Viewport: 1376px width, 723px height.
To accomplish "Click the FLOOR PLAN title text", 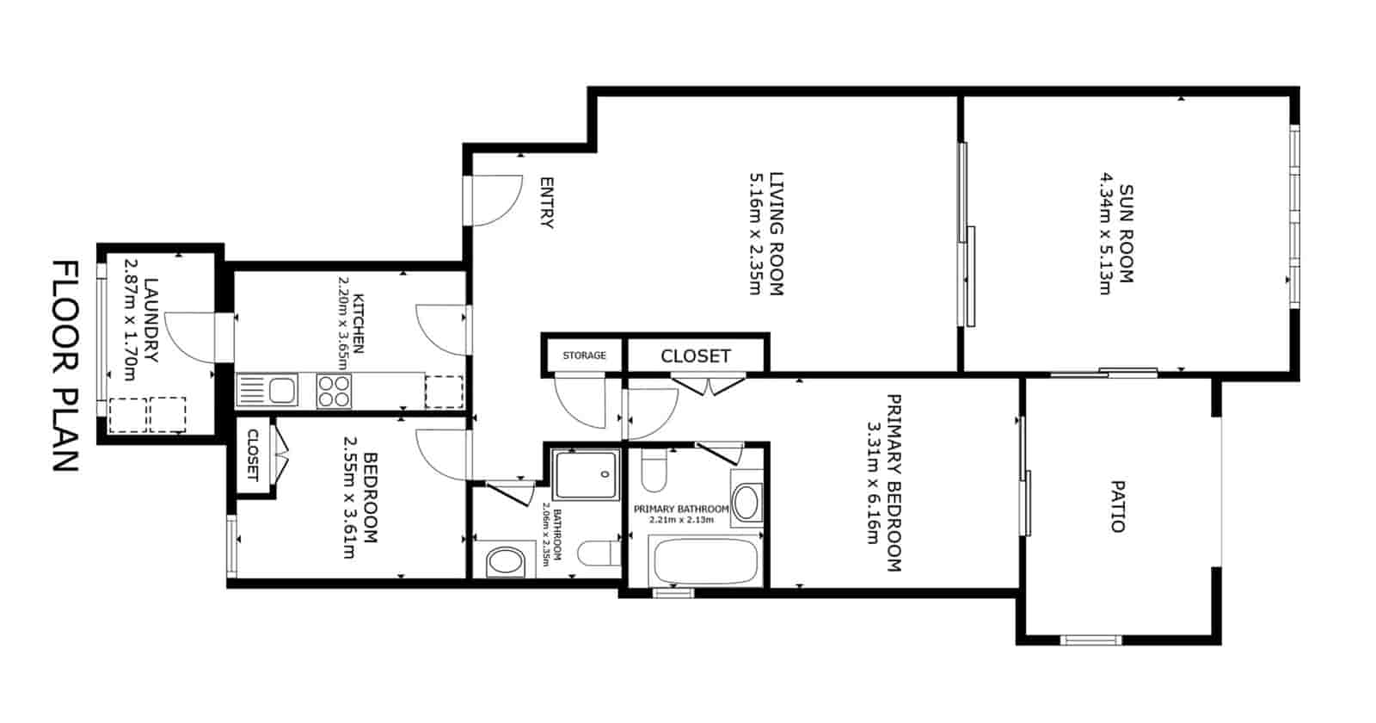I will (x=65, y=366).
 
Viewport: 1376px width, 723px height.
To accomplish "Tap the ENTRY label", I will (x=545, y=202).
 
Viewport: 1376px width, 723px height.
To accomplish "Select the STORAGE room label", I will (x=584, y=355).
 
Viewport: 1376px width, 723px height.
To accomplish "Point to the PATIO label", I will (x=1117, y=506).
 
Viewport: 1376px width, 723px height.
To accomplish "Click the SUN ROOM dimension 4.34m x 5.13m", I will (x=1104, y=233).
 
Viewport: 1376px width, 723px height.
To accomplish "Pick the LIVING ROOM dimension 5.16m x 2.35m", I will (x=755, y=233).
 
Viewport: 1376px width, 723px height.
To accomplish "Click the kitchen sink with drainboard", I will (x=267, y=391).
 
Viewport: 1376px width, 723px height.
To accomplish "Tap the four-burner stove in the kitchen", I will (x=334, y=391).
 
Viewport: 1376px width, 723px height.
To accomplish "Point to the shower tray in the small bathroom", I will (x=587, y=475).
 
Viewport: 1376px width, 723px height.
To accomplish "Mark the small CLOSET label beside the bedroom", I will (x=253, y=454).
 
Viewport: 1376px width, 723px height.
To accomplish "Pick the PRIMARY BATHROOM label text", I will (x=680, y=510).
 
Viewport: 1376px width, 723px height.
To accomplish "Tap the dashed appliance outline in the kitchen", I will (x=444, y=392).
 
